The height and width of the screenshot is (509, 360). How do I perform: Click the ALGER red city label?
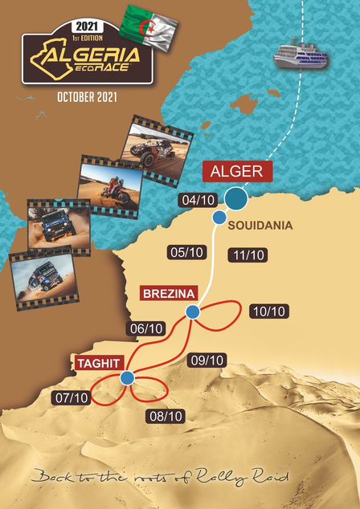pyautogui.click(x=238, y=171)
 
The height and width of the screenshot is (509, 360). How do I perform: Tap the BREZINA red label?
pyautogui.click(x=169, y=293)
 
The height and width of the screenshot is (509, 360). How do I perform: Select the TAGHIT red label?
pyautogui.click(x=99, y=363)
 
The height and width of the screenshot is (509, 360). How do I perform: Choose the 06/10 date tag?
pyautogui.click(x=146, y=328)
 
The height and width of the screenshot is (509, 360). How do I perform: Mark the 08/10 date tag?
pyautogui.click(x=166, y=416)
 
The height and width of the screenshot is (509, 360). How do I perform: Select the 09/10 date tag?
pyautogui.click(x=206, y=360)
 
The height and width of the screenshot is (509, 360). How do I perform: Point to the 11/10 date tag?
pyautogui.click(x=247, y=254)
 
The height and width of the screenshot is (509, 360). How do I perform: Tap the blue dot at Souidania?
pyautogui.click(x=218, y=218)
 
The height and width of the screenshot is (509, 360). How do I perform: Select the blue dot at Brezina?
pyautogui.click(x=192, y=312)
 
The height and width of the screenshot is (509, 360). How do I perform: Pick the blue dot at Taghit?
pyautogui.click(x=126, y=377)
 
